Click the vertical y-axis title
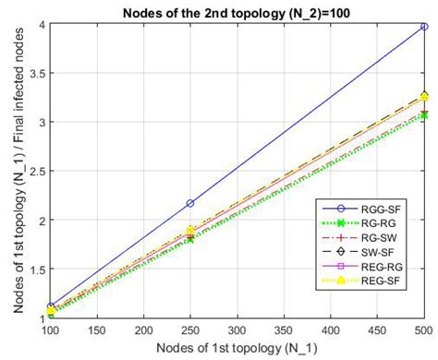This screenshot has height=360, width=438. coord(12,171)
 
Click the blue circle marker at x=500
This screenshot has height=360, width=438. coord(423,27)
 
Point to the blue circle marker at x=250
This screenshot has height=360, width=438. coord(189,203)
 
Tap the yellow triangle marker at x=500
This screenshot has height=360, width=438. coord(423,96)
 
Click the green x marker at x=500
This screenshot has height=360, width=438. coord(423,115)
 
